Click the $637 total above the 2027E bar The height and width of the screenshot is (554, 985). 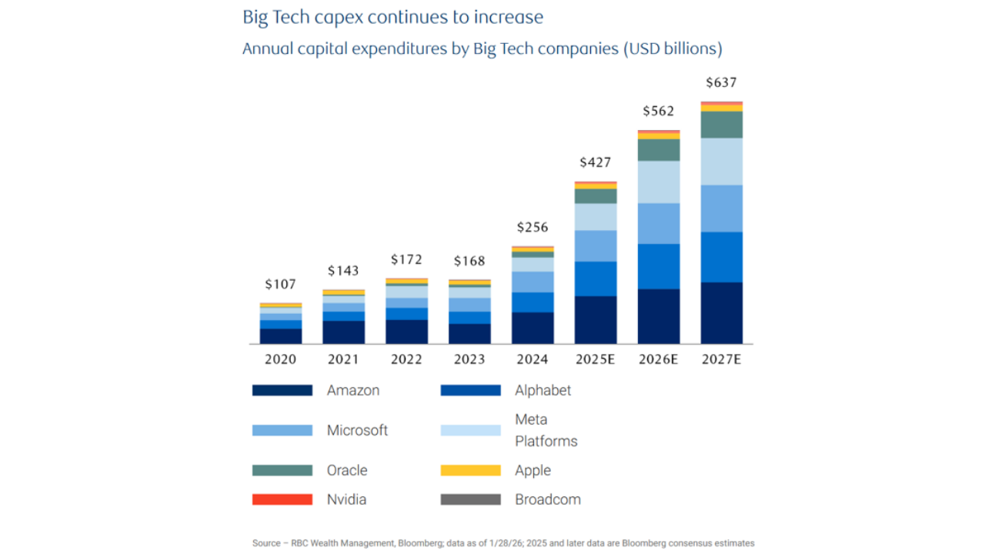coord(721,83)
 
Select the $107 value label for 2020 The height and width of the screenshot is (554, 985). coord(280,285)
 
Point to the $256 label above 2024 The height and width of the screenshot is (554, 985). coord(532,227)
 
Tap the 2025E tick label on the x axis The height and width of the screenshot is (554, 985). coord(595,359)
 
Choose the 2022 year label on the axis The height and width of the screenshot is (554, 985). coord(406,359)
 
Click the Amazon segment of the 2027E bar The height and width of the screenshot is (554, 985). coord(721,312)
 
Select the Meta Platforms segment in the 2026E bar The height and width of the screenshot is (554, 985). coord(658,182)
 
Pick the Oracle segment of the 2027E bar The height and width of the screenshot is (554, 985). coord(721,125)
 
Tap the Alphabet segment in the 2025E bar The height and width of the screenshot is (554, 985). coord(595,279)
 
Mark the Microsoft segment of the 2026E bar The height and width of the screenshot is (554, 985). coord(658,223)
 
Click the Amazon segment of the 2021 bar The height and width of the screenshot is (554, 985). coord(343,332)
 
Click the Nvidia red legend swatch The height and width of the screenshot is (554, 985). coord(282,499)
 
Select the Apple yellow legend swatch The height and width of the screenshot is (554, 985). coord(470,470)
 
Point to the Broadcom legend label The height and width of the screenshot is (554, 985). coord(547,499)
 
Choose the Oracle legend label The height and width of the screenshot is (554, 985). coord(347,470)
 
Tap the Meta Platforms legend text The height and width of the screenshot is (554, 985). coord(546,430)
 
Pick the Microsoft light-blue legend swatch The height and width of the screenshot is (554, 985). coord(282,430)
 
